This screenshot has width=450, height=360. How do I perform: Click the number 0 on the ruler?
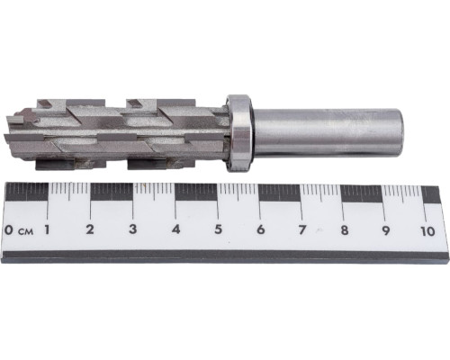point(9,230)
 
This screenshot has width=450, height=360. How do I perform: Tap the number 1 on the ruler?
point(47,229)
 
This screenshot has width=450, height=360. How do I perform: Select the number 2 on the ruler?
point(90,229)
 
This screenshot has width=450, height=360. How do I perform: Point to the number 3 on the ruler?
point(132,229)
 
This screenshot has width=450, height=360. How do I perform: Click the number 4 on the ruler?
point(175,229)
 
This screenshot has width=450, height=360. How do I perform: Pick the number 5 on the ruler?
point(219,229)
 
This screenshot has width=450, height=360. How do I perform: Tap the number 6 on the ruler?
point(261,229)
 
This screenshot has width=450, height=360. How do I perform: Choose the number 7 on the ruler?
point(302,230)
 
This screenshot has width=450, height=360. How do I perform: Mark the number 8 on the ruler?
point(345,230)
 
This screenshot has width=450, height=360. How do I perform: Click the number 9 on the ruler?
point(385,230)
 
